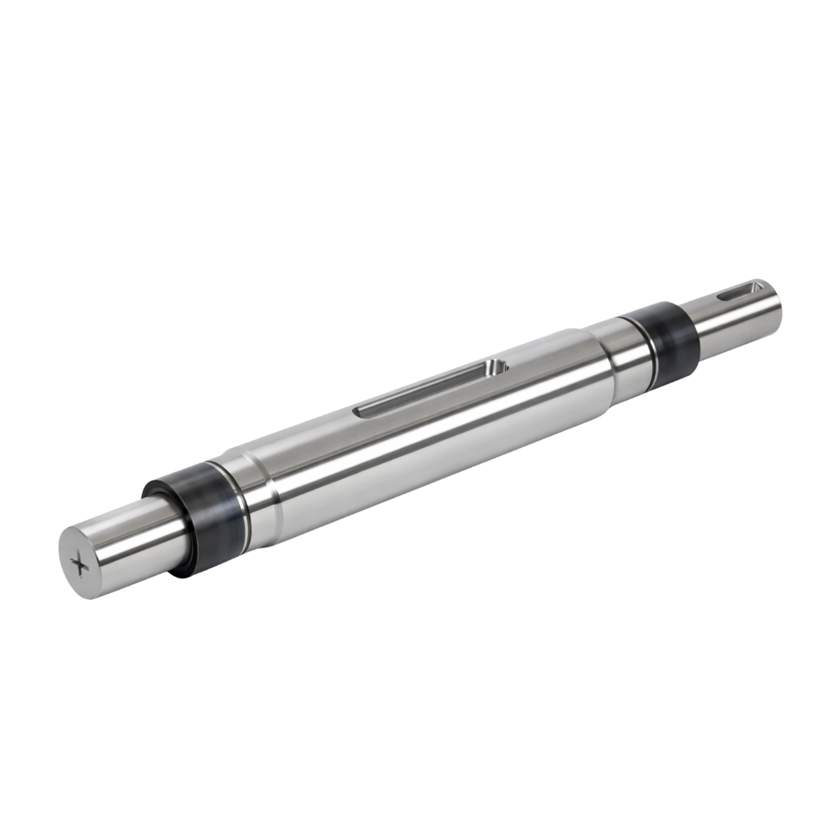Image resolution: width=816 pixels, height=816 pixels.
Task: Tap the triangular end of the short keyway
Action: click(752, 285)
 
